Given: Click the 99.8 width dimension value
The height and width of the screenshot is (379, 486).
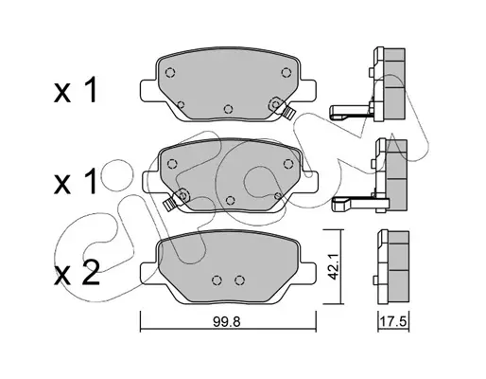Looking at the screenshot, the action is (227, 322).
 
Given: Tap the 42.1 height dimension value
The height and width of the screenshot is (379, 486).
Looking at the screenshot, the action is (333, 267).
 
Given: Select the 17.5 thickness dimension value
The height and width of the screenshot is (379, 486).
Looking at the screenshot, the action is (394, 322).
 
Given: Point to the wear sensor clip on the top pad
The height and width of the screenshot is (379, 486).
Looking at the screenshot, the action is (287, 113).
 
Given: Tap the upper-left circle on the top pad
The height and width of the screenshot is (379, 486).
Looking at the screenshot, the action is (170, 73).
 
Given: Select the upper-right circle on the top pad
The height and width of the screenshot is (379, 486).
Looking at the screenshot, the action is (286, 73).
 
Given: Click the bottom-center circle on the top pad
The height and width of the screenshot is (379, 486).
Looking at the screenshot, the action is (228, 109).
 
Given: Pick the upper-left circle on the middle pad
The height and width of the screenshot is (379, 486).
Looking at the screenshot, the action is (172, 164).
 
